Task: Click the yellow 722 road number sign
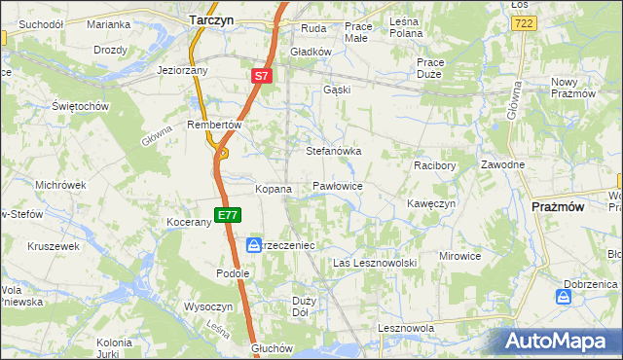tap(524, 21)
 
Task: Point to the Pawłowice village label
tap(338, 185)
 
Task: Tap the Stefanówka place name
tap(334, 152)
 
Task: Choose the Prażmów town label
tap(559, 207)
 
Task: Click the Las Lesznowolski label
tap(375, 264)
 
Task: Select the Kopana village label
tap(274, 189)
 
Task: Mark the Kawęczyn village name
tap(431, 204)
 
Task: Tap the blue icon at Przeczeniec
tap(252, 245)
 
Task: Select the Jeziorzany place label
tap(183, 70)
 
